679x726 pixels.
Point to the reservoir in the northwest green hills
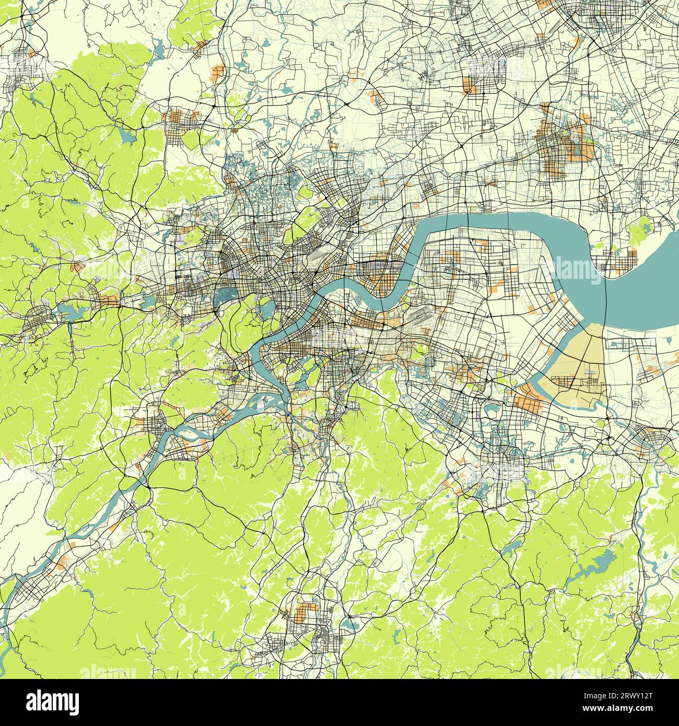pos(127,137)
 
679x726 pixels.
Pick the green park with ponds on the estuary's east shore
pos(643,230)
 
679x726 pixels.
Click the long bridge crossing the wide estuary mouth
pos(605,292)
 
